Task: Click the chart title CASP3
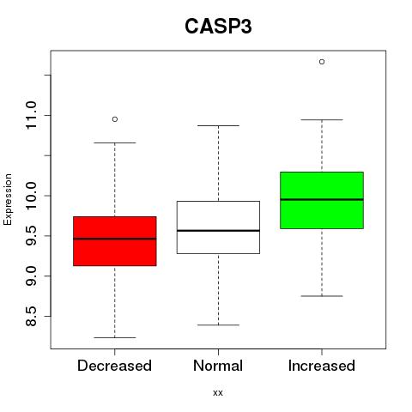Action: [218, 27]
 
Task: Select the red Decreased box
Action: [115, 241]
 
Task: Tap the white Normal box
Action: [218, 227]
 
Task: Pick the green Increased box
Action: [322, 200]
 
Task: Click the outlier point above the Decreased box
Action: [115, 119]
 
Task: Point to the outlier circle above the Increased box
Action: [322, 62]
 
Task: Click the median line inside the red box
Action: [115, 239]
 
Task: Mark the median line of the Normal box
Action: [218, 231]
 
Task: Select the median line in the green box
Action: [322, 199]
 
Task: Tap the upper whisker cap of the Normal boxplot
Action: [218, 125]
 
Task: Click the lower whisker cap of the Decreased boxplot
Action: [115, 337]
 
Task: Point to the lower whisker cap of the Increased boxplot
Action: [322, 296]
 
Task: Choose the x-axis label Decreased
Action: [114, 366]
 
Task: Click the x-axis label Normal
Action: [218, 366]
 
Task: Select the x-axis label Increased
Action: [322, 366]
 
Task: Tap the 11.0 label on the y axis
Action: [31, 115]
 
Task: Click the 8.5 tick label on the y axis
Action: [31, 316]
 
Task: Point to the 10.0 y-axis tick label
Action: [31, 196]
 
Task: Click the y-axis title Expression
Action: [8, 199]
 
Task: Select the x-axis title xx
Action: [218, 393]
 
